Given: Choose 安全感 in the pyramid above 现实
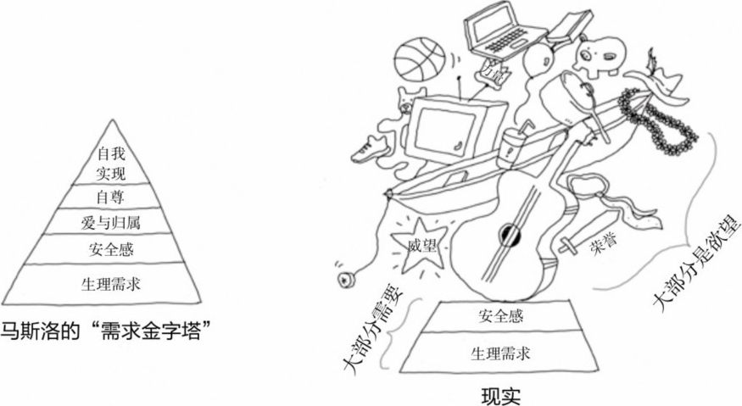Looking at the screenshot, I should [x=488, y=316].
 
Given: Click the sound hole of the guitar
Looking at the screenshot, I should [x=509, y=231].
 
